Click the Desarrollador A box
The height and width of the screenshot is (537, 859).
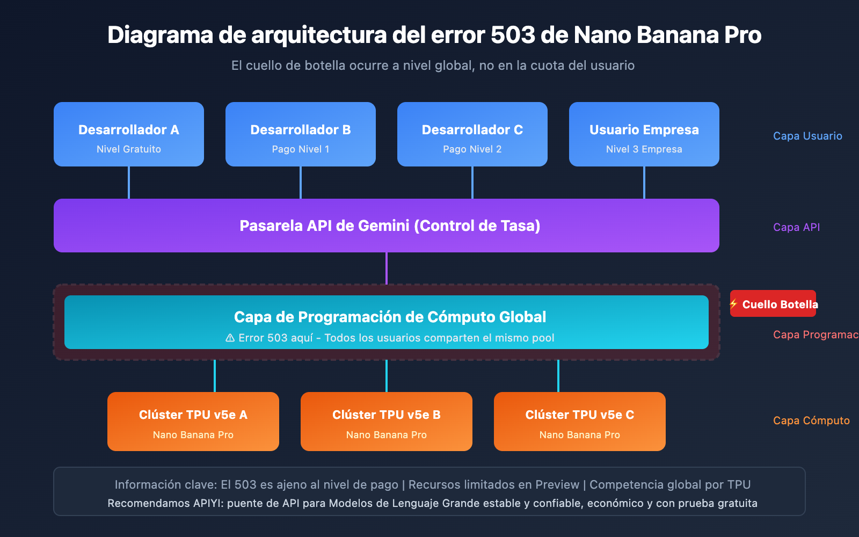[x=129, y=134]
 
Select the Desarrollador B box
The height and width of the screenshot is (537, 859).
[x=301, y=134]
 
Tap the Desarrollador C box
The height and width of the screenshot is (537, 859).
[x=472, y=134]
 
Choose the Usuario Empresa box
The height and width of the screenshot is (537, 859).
[x=644, y=134]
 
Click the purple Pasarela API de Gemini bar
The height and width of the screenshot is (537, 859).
[x=387, y=226]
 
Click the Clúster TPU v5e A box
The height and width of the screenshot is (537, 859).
[x=193, y=422]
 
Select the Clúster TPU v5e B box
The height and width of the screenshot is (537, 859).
[x=387, y=422]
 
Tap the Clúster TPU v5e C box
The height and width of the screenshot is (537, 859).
[x=580, y=422]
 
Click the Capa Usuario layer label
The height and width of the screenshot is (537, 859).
[x=807, y=136]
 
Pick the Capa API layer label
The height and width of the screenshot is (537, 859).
[x=796, y=227]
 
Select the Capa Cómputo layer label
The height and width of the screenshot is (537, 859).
[x=811, y=420]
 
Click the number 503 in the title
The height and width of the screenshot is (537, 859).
[x=513, y=35]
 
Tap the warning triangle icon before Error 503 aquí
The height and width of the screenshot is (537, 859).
[x=230, y=338]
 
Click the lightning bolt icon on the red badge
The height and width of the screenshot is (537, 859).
[x=734, y=304]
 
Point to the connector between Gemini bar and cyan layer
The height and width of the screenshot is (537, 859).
[x=387, y=268]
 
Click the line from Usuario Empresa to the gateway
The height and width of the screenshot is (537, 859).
[x=644, y=183]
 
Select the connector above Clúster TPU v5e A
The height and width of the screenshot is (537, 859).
[x=215, y=376]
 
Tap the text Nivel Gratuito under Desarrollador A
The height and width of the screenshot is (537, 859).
[x=129, y=149]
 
